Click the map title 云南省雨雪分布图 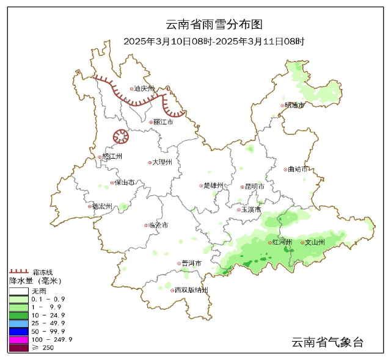pyautogui.click(x=214, y=25)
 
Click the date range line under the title pyautogui.click(x=214, y=41)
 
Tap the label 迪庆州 pyautogui.click(x=145, y=88)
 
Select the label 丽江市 pyautogui.click(x=163, y=122)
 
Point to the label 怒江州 pyautogui.click(x=112, y=157)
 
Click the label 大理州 pyautogui.click(x=162, y=162)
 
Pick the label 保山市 pyautogui.click(x=125, y=182)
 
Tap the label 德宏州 pyautogui.click(x=103, y=206)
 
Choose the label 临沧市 pyautogui.click(x=158, y=225)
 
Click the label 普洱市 pyautogui.click(x=191, y=263)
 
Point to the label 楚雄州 pyautogui.click(x=214, y=185)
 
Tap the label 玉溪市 pyautogui.click(x=251, y=209)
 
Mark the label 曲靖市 pyautogui.click(x=298, y=169)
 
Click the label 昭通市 pyautogui.click(x=294, y=105)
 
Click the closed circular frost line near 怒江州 pyautogui.click(x=119, y=137)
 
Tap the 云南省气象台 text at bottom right pyautogui.click(x=327, y=342)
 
